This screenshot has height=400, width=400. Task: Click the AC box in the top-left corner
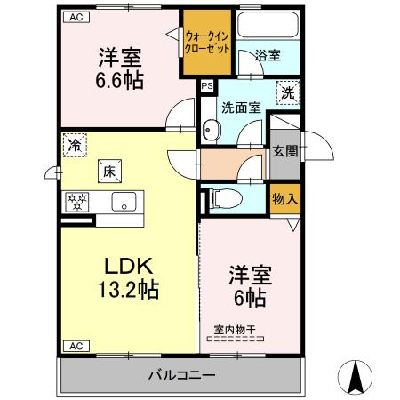(76, 17)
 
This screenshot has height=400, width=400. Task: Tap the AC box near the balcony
(76, 345)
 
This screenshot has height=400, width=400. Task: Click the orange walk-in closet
(209, 43)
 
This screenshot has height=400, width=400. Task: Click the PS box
(207, 86)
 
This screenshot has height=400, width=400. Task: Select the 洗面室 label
(242, 108)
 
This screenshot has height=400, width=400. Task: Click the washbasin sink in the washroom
(209, 131)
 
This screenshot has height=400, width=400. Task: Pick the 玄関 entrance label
(284, 151)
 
